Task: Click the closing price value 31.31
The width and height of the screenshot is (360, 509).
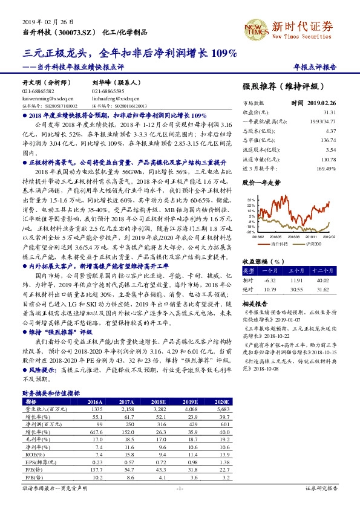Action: (330, 112)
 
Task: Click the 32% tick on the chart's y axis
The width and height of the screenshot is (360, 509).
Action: (250, 198)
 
